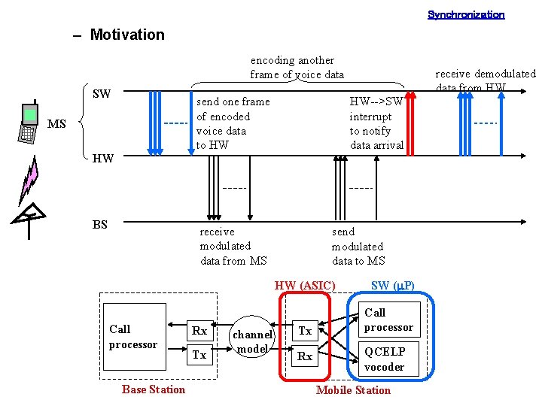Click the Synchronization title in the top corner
pyautogui.click(x=466, y=14)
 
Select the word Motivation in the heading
pyautogui.click(x=126, y=35)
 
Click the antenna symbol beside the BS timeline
pyautogui.click(x=28, y=220)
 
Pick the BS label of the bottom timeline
pyautogui.click(x=99, y=224)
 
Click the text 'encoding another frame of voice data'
pyautogui.click(x=297, y=67)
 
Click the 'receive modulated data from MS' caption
pyautogui.click(x=233, y=246)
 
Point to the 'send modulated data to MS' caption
pyautogui.click(x=358, y=246)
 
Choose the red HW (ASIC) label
pyautogui.click(x=305, y=285)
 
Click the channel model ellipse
pyautogui.click(x=252, y=341)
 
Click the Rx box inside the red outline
pyautogui.click(x=305, y=356)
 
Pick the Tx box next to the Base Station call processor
pyautogui.click(x=199, y=355)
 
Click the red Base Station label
pyautogui.click(x=153, y=389)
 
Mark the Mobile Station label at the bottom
pyautogui.click(x=353, y=389)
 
